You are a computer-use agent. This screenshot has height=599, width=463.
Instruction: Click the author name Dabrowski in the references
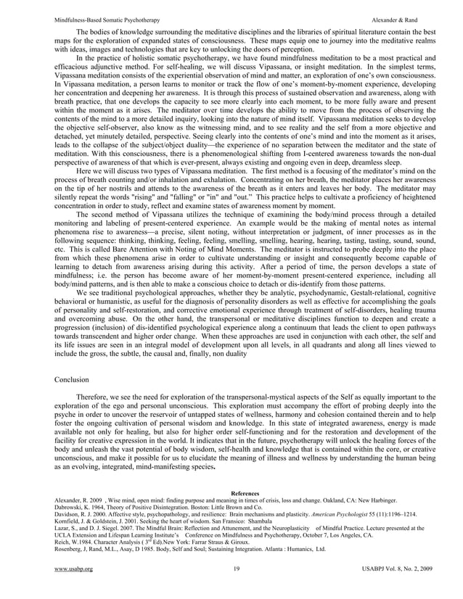pos(70,508)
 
